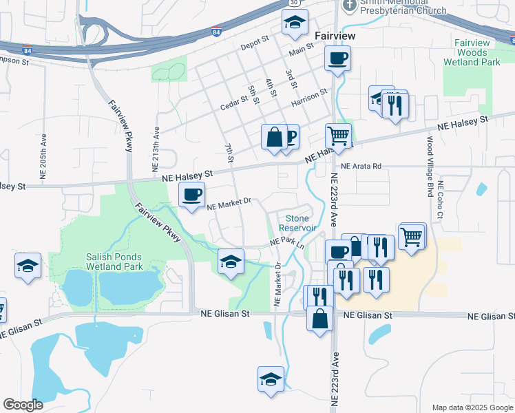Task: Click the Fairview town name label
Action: [x=335, y=35]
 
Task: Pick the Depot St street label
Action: [x=253, y=46]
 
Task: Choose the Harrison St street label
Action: [x=308, y=98]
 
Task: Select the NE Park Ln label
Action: [x=287, y=242]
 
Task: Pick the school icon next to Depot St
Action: [x=294, y=23]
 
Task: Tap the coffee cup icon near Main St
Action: [x=337, y=59]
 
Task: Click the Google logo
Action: [x=23, y=405]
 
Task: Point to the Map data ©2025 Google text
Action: [x=472, y=407]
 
